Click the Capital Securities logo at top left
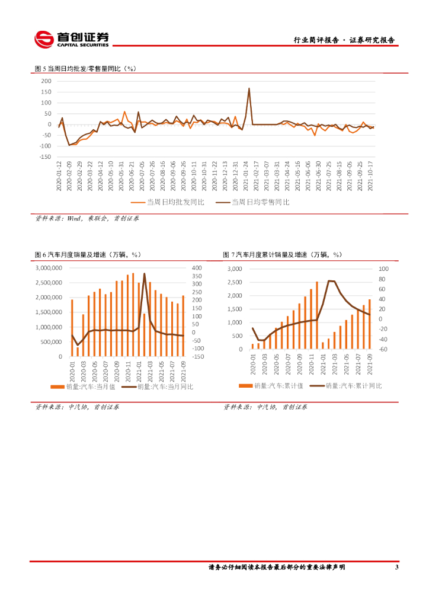72,39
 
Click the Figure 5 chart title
85,69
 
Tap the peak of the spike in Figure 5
249,88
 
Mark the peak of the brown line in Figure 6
144,273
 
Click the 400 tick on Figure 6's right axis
197,269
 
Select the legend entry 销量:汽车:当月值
81,386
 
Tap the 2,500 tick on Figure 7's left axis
235,282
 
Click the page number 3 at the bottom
396,567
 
